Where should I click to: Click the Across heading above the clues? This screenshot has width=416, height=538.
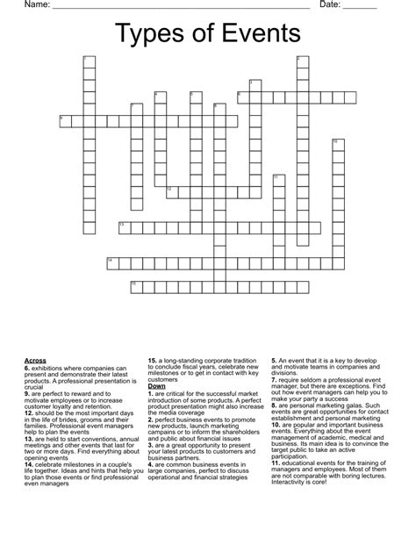[35, 360]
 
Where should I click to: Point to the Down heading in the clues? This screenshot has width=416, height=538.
[157, 385]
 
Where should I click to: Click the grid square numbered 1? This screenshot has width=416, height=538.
[88, 61]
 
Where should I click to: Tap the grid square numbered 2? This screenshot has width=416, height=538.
[303, 61]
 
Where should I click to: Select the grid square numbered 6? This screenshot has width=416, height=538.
[242, 97]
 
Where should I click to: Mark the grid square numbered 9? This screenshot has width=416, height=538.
[64, 120]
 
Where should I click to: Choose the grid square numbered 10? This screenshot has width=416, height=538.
[338, 144]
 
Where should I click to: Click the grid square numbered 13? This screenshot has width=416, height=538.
[124, 227]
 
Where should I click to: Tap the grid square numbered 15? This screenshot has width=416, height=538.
[135, 286]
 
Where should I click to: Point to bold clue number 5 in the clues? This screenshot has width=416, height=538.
[274, 360]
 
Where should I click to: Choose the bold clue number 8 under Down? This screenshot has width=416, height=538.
[274, 409]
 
